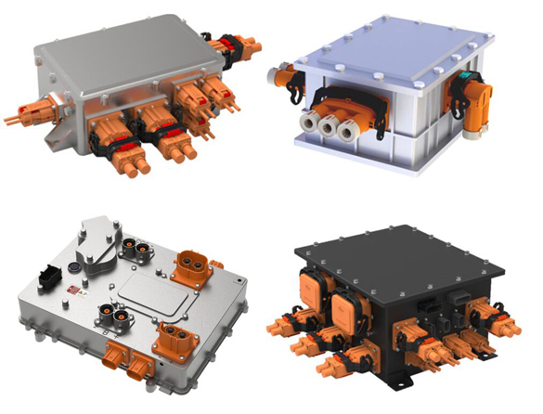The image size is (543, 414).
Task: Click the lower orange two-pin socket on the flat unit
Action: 171,331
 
